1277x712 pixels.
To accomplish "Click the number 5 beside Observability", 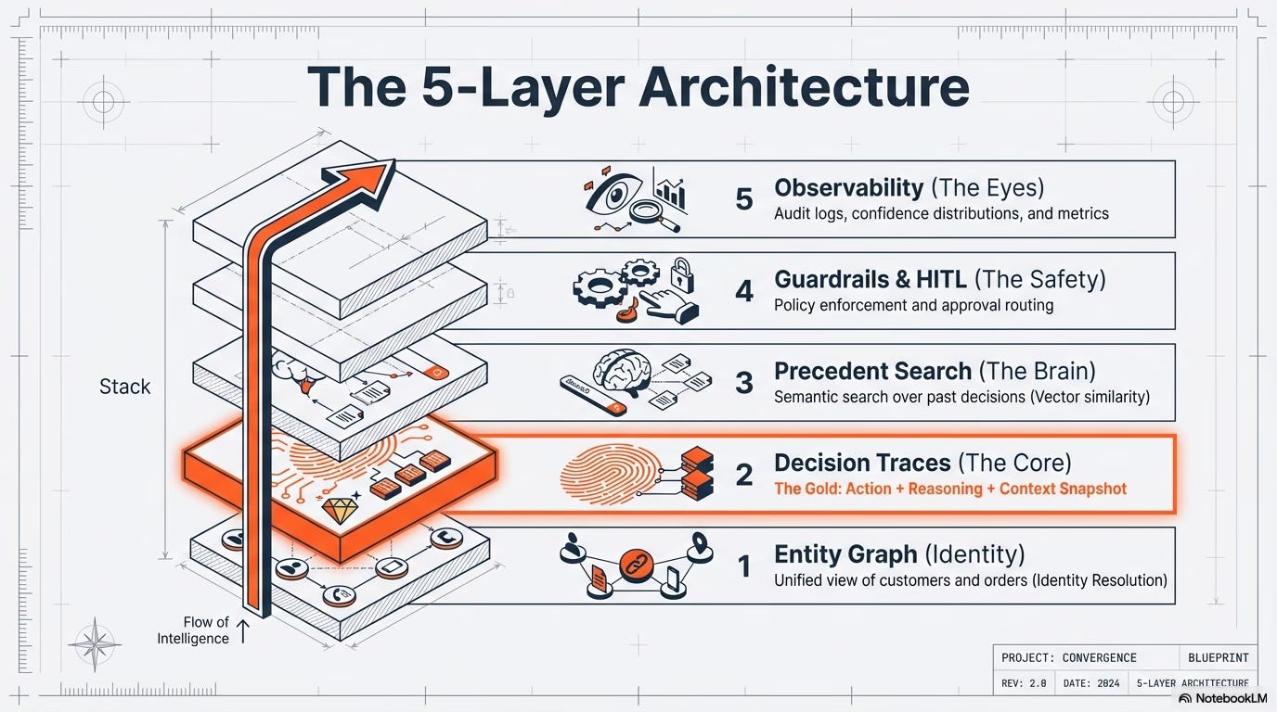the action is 743,199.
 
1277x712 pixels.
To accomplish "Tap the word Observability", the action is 848,187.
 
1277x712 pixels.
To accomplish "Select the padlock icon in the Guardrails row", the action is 682,274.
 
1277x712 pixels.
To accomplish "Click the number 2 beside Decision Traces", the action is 743,475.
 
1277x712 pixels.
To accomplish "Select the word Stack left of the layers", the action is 124,387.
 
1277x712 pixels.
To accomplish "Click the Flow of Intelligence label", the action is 193,630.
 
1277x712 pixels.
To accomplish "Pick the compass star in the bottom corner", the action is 95,644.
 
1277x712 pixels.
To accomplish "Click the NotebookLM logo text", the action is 1222,698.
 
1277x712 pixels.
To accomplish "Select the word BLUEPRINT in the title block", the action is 1219,657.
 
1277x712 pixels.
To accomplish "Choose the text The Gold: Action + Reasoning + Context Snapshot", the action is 950,489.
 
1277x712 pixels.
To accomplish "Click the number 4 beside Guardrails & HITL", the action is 743,291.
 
